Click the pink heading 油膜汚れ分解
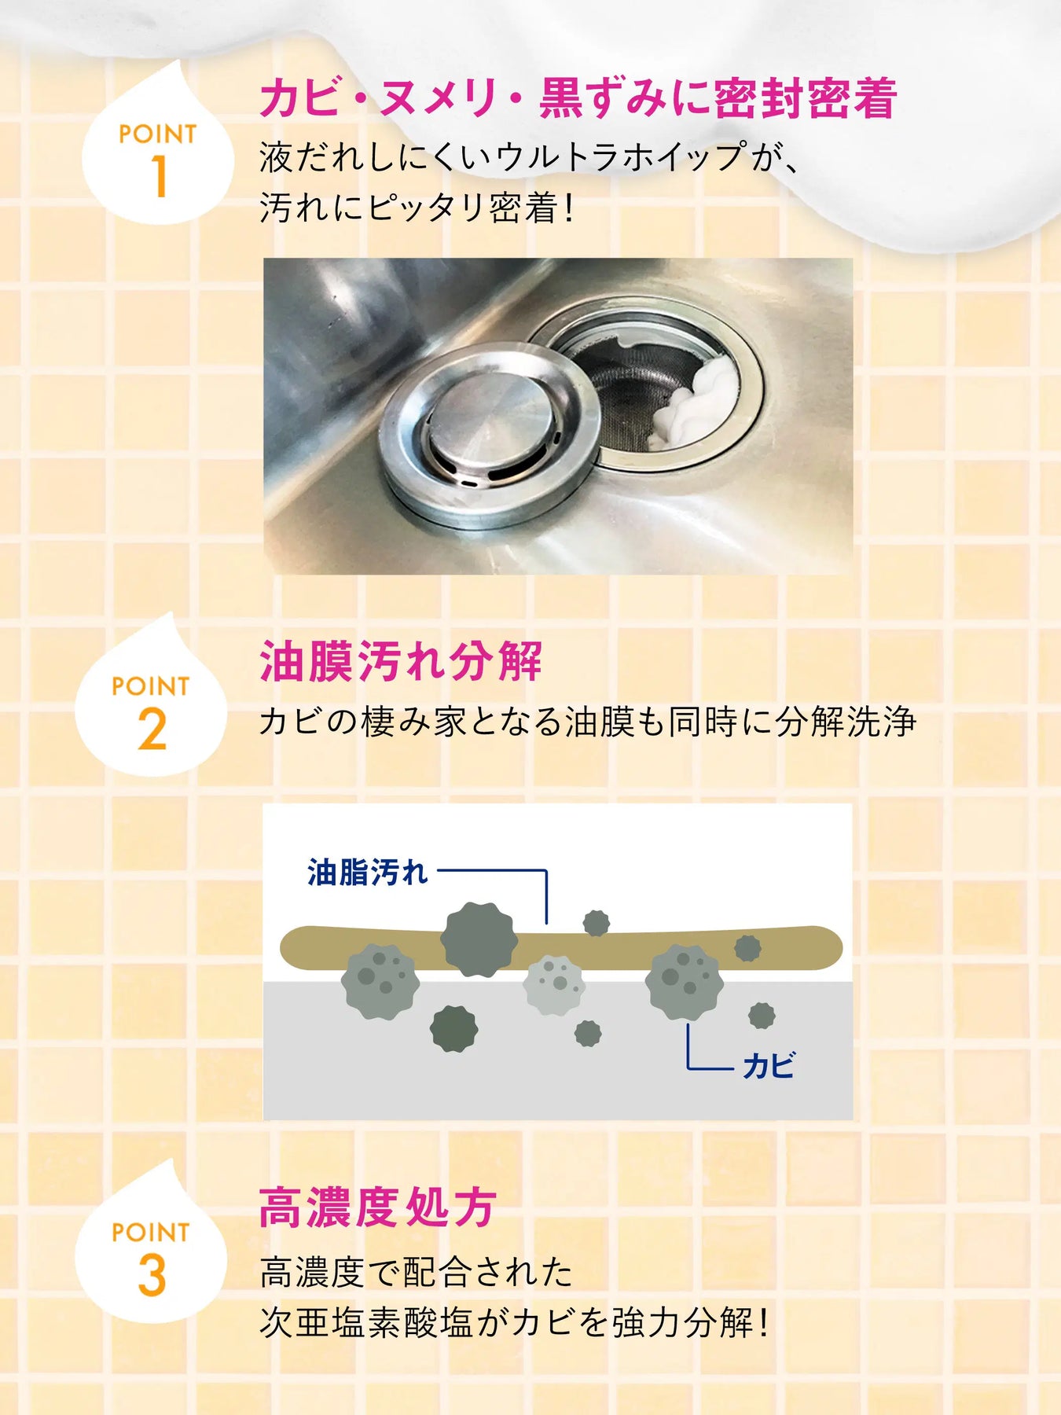[401, 661]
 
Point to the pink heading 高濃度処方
[377, 1207]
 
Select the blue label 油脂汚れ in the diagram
[367, 872]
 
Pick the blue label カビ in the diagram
[769, 1066]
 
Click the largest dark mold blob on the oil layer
[479, 939]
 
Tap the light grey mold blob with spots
[554, 985]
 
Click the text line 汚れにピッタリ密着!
[417, 208]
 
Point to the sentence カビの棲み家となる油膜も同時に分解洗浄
[588, 722]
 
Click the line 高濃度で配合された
[417, 1272]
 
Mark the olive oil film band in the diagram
[561, 949]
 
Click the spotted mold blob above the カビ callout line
[684, 983]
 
